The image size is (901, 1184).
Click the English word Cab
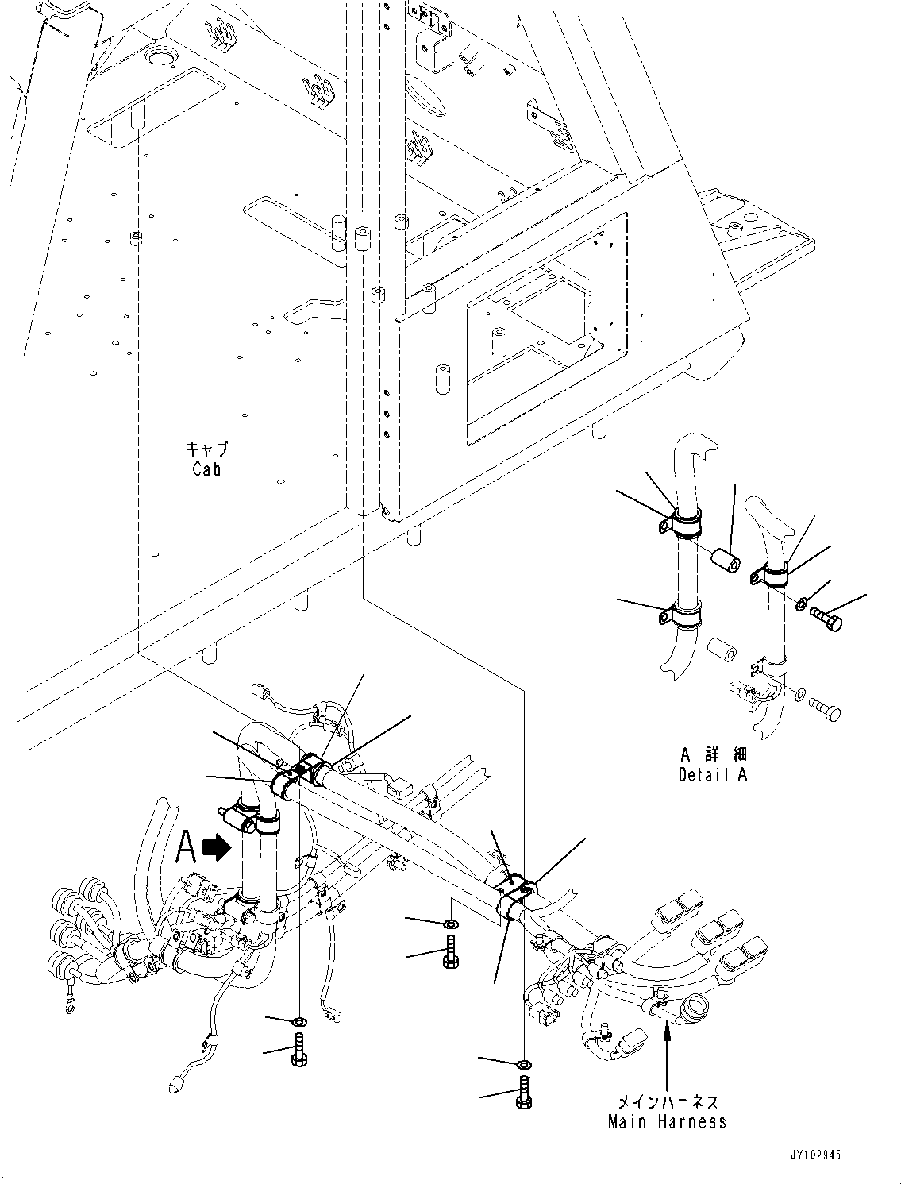(206, 469)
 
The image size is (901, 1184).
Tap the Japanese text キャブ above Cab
(207, 449)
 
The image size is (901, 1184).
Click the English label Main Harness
(667, 1121)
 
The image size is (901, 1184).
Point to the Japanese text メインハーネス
(667, 1102)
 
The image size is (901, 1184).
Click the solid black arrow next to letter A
(216, 848)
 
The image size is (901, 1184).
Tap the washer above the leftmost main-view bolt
(299, 1020)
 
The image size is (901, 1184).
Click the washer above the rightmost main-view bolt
(524, 1063)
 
